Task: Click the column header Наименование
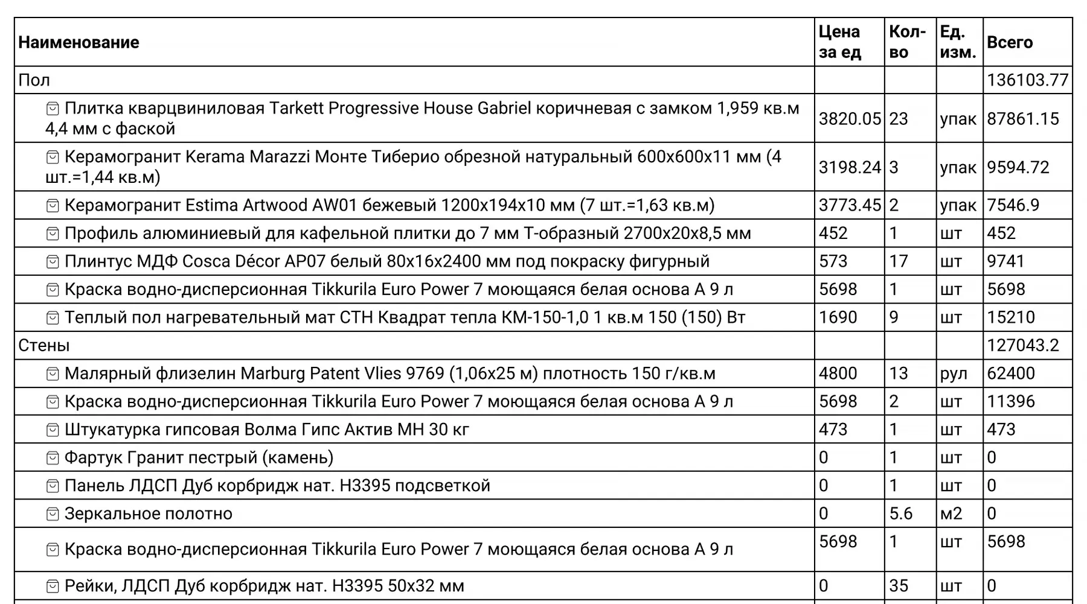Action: click(x=79, y=42)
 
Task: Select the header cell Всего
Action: click(x=1009, y=42)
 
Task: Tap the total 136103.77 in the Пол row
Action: click(x=1027, y=80)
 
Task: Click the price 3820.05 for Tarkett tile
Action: click(x=849, y=119)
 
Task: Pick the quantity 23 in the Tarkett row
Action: click(x=898, y=119)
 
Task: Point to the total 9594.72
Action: click(x=1018, y=167)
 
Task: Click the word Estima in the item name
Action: click(x=211, y=205)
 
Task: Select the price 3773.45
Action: click(x=849, y=205)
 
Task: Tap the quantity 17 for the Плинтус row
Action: click(x=898, y=261)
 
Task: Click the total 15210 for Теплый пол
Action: click(x=1011, y=317)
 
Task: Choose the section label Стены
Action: click(x=44, y=346)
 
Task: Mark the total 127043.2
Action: click(x=1022, y=346)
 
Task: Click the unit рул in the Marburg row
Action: click(x=954, y=374)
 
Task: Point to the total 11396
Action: click(x=1011, y=402)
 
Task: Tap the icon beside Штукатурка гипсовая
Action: click(x=53, y=430)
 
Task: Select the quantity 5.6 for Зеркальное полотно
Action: click(x=900, y=513)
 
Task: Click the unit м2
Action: click(x=951, y=513)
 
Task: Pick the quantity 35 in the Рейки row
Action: click(x=899, y=586)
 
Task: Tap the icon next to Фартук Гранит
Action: click(x=53, y=458)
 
